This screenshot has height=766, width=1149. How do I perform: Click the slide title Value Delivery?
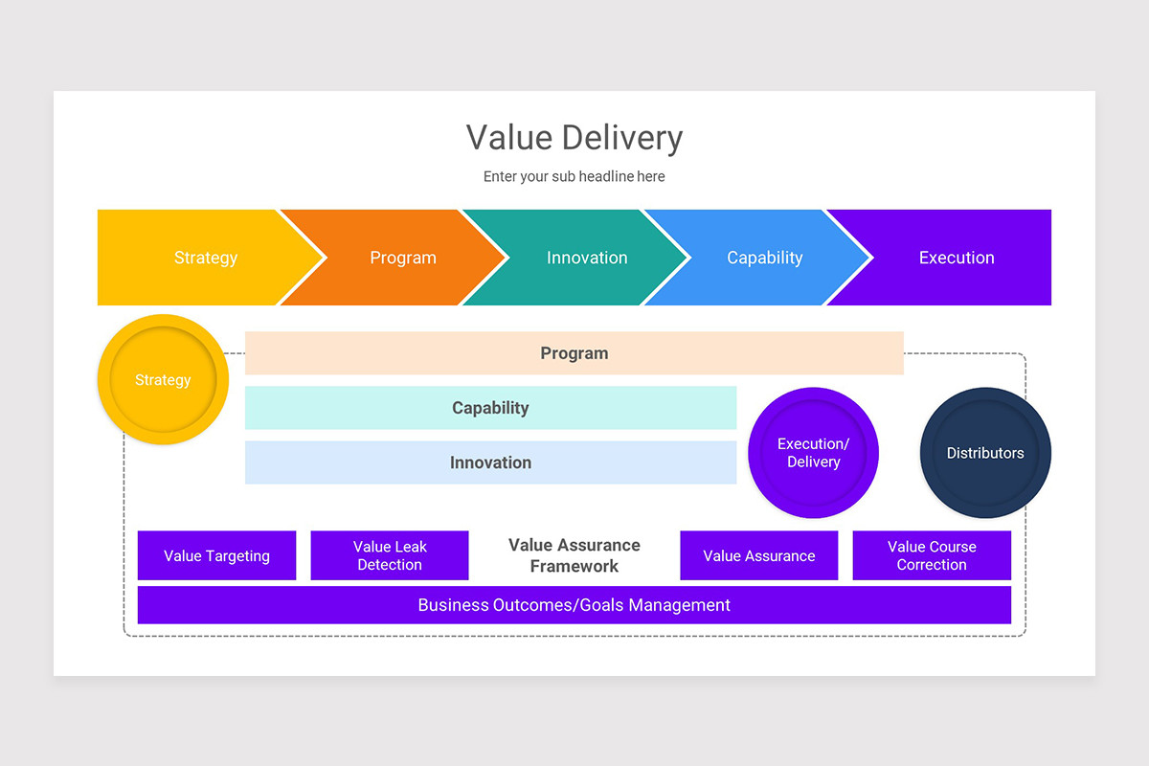pyautogui.click(x=574, y=138)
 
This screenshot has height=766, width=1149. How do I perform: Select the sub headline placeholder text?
pyautogui.click(x=574, y=176)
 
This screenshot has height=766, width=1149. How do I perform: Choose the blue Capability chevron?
pyautogui.click(x=764, y=258)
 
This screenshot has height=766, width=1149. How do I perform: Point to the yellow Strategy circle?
pyautogui.click(x=163, y=380)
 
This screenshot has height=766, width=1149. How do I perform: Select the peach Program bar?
pyautogui.click(x=574, y=353)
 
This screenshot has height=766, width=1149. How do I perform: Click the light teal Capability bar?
pyautogui.click(x=490, y=408)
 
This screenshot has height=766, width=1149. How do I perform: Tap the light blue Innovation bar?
pyautogui.click(x=490, y=462)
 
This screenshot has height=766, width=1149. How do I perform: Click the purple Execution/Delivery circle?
pyautogui.click(x=813, y=453)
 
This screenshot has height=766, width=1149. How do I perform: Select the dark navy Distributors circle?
pyautogui.click(x=985, y=453)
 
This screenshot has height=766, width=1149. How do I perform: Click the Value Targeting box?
pyautogui.click(x=216, y=556)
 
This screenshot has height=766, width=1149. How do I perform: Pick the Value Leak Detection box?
pyautogui.click(x=390, y=556)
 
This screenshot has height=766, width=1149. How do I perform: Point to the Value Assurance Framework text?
pyautogui.click(x=574, y=556)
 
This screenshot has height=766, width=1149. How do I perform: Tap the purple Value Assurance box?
pyautogui.click(x=758, y=556)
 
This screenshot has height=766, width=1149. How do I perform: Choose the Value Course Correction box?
pyautogui.click(x=932, y=556)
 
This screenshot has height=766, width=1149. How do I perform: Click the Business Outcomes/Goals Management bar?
pyautogui.click(x=574, y=605)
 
